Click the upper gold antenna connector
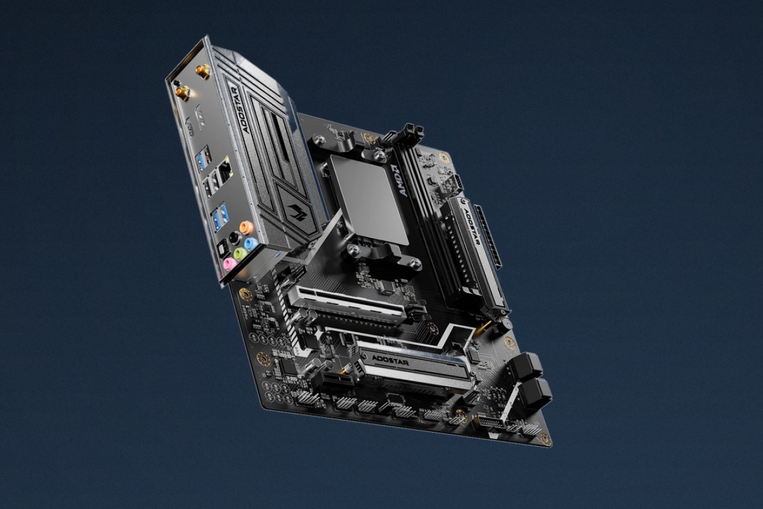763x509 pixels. (203, 69)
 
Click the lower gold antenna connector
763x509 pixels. (182, 93)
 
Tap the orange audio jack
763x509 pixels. (247, 227)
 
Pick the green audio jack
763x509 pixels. (240, 254)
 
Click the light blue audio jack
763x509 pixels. (251, 244)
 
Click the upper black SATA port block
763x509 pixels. (525, 366)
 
